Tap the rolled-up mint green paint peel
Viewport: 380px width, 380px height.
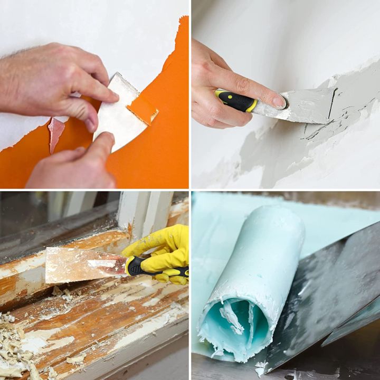coord(253,264)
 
